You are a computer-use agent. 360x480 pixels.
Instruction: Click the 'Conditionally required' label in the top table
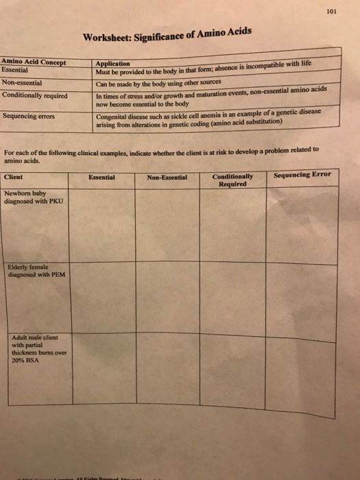[35, 95]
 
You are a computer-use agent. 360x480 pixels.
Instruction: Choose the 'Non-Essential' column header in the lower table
[167, 177]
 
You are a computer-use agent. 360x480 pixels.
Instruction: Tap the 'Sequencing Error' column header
[302, 175]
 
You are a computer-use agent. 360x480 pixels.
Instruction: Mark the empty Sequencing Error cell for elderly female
[302, 295]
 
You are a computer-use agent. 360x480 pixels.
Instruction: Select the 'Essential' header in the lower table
[101, 177]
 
